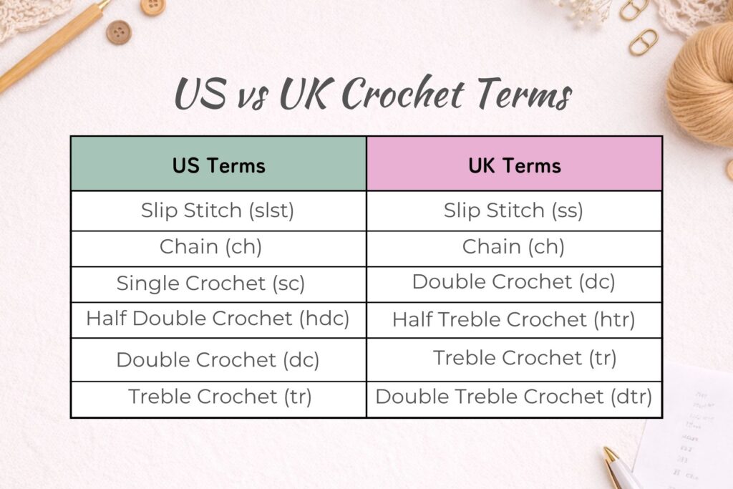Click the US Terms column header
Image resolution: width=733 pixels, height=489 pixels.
click(218, 165)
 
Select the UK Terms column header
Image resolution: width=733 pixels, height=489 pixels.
click(514, 165)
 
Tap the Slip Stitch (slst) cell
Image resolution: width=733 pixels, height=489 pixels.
click(218, 211)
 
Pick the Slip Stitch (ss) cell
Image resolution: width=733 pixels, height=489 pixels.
click(514, 211)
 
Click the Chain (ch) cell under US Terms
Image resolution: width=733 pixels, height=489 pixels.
click(210, 248)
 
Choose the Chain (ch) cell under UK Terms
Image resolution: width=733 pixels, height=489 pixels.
click(514, 248)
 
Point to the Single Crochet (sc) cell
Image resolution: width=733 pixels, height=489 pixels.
click(210, 284)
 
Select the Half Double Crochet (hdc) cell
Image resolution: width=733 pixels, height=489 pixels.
click(218, 319)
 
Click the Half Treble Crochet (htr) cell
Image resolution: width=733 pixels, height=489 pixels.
click(514, 320)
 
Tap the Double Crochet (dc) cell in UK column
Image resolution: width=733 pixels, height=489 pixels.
click(514, 282)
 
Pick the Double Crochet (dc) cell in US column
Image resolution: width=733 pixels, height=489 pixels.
click(218, 359)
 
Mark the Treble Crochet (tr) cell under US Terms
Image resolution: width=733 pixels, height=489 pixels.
click(219, 397)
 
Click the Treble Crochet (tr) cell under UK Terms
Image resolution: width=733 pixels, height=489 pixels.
click(524, 357)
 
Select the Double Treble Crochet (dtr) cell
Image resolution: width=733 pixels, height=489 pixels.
click(514, 397)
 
